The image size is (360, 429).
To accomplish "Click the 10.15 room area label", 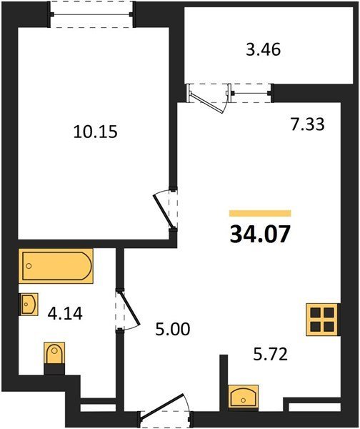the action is tap(96, 132).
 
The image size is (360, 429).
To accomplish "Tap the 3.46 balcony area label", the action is tap(264, 50).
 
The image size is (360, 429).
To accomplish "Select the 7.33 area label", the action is tap(308, 124).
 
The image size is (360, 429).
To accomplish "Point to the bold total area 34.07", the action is tap(260, 235).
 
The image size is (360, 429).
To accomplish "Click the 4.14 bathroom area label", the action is tap(65, 314).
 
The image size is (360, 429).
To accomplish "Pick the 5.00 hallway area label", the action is tap(172, 329).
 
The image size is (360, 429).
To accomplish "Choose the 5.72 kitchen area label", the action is tap(270, 355).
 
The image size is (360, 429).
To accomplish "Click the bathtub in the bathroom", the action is tap(56, 266).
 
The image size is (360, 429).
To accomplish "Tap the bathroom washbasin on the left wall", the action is tap(29, 305).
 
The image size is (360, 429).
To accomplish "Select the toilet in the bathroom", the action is tap(54, 353).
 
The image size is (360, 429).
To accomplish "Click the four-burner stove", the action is tap(323, 320).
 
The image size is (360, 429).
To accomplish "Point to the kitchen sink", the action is tap(243, 396).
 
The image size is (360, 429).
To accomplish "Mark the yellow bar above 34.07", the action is tap(260, 213).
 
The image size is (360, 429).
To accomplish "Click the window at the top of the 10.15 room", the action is tap(91, 14).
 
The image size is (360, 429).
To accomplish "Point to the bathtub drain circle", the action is tap(29, 266).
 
